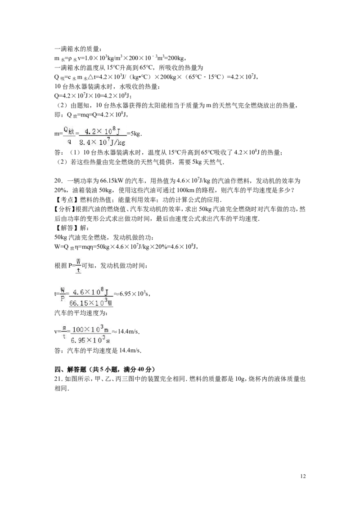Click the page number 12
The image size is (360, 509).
(x=303, y=476)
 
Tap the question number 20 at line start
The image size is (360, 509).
(x=57, y=180)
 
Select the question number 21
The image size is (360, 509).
(x=57, y=379)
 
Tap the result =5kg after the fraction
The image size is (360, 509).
(x=135, y=134)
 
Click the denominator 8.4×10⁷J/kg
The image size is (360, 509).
(x=102, y=142)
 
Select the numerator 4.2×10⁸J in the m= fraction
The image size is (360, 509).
(x=100, y=131)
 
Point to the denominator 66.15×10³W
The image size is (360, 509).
(x=91, y=303)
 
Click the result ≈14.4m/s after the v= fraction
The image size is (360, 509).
(x=126, y=331)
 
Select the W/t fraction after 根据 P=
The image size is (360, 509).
(x=78, y=266)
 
